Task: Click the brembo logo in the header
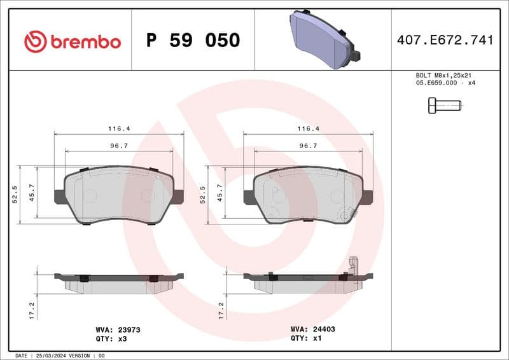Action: point(72,41)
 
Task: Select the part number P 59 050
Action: point(193,41)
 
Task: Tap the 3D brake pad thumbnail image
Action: point(323,39)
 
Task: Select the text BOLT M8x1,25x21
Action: point(440,75)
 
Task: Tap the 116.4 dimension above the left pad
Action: point(118,128)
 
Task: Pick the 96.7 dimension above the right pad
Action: point(308,146)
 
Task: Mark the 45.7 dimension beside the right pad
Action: point(220,193)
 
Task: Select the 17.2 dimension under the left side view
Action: point(32,309)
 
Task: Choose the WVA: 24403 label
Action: point(312,330)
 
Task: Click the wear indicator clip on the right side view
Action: point(354,266)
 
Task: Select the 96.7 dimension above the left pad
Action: point(118,146)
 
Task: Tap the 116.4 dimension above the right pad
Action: point(308,128)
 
